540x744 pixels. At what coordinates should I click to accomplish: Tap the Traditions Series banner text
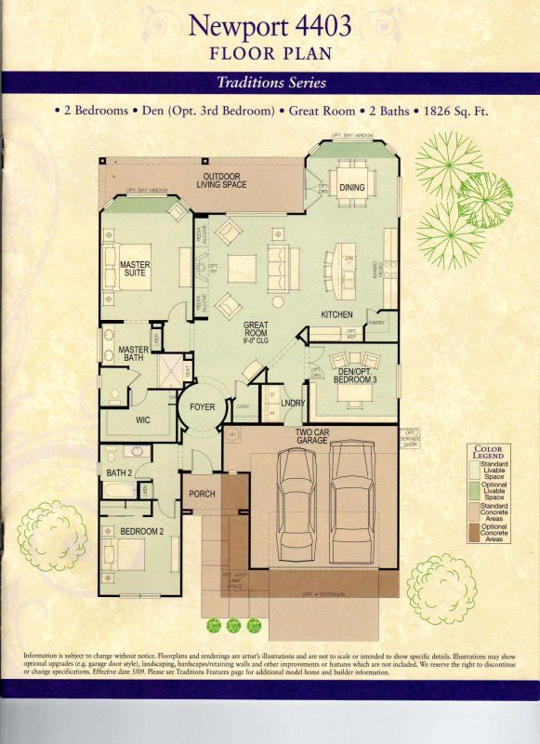270,83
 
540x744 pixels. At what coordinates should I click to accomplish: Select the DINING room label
352,188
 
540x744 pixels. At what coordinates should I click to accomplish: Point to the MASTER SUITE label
135,270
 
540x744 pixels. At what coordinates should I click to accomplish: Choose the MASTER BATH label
133,354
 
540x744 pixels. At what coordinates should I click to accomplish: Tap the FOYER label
202,407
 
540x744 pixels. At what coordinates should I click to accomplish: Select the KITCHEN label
336,315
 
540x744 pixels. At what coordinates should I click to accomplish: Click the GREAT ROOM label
257,332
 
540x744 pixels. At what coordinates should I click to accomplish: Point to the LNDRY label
293,404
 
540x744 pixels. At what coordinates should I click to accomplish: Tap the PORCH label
202,494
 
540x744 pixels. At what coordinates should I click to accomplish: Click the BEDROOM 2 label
141,531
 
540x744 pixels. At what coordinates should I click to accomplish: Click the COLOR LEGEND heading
488,453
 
